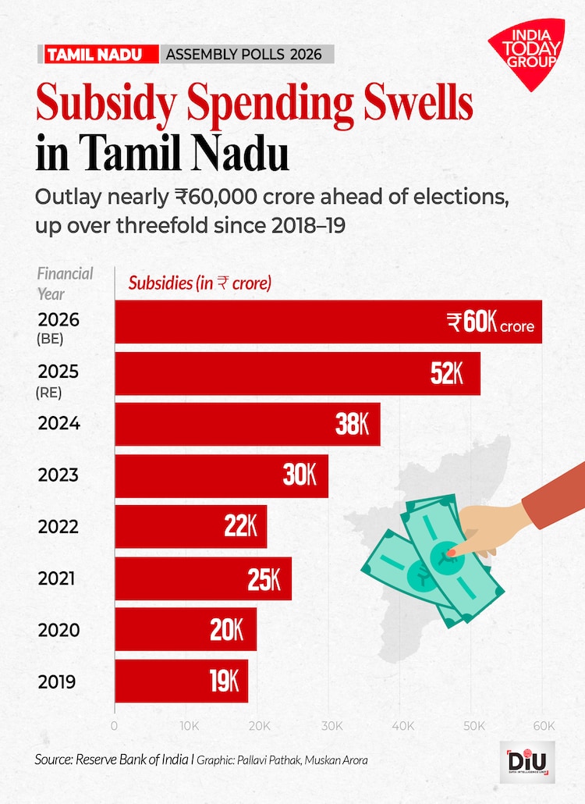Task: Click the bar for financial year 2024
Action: click(x=247, y=425)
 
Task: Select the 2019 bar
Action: click(x=181, y=681)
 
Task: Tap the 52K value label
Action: click(x=447, y=374)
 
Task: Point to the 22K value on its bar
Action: click(x=240, y=528)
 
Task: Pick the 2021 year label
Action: click(x=58, y=579)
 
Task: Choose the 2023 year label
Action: click(x=58, y=475)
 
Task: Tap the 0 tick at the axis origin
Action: click(x=115, y=726)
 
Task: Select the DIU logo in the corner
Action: click(x=526, y=762)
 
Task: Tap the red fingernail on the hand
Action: click(x=451, y=552)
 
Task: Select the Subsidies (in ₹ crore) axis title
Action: click(x=200, y=283)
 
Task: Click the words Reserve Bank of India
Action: click(x=132, y=760)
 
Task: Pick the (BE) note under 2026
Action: click(x=50, y=340)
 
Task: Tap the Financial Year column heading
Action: click(x=65, y=283)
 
